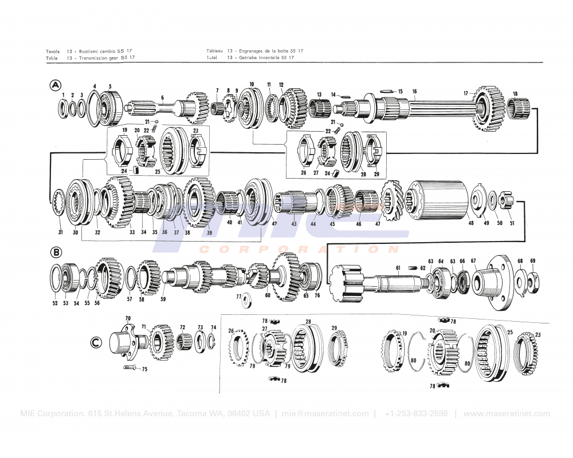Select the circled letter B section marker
click(x=56, y=252)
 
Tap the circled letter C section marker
click(x=97, y=343)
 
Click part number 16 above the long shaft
click(x=414, y=92)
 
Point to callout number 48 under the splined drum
click(x=471, y=223)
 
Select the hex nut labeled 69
click(x=532, y=279)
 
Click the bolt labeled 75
click(x=131, y=368)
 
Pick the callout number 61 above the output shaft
click(x=398, y=267)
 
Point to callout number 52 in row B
click(x=55, y=303)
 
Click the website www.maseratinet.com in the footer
click(x=507, y=414)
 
